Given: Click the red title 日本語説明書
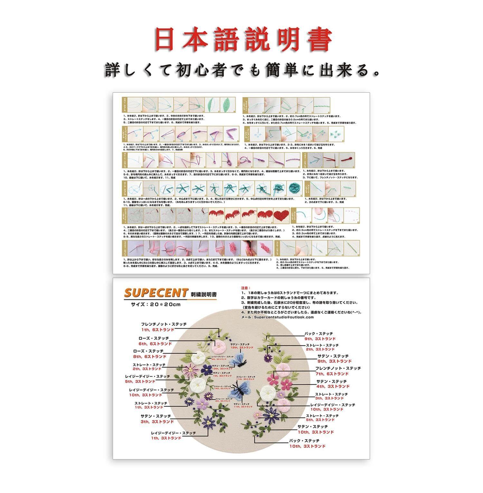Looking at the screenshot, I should [243, 40].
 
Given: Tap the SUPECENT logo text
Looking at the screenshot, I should [156, 293].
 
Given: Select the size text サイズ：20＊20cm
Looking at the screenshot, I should [156, 304].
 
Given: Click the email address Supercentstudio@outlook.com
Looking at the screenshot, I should [283, 317].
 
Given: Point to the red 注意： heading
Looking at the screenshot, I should [245, 288].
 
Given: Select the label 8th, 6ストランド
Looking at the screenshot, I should [149, 356].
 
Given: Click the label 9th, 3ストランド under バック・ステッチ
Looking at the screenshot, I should [320, 339].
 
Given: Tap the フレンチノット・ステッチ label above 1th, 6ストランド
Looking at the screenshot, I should [164, 324].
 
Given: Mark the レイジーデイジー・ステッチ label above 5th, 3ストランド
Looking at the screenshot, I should [147, 376].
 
